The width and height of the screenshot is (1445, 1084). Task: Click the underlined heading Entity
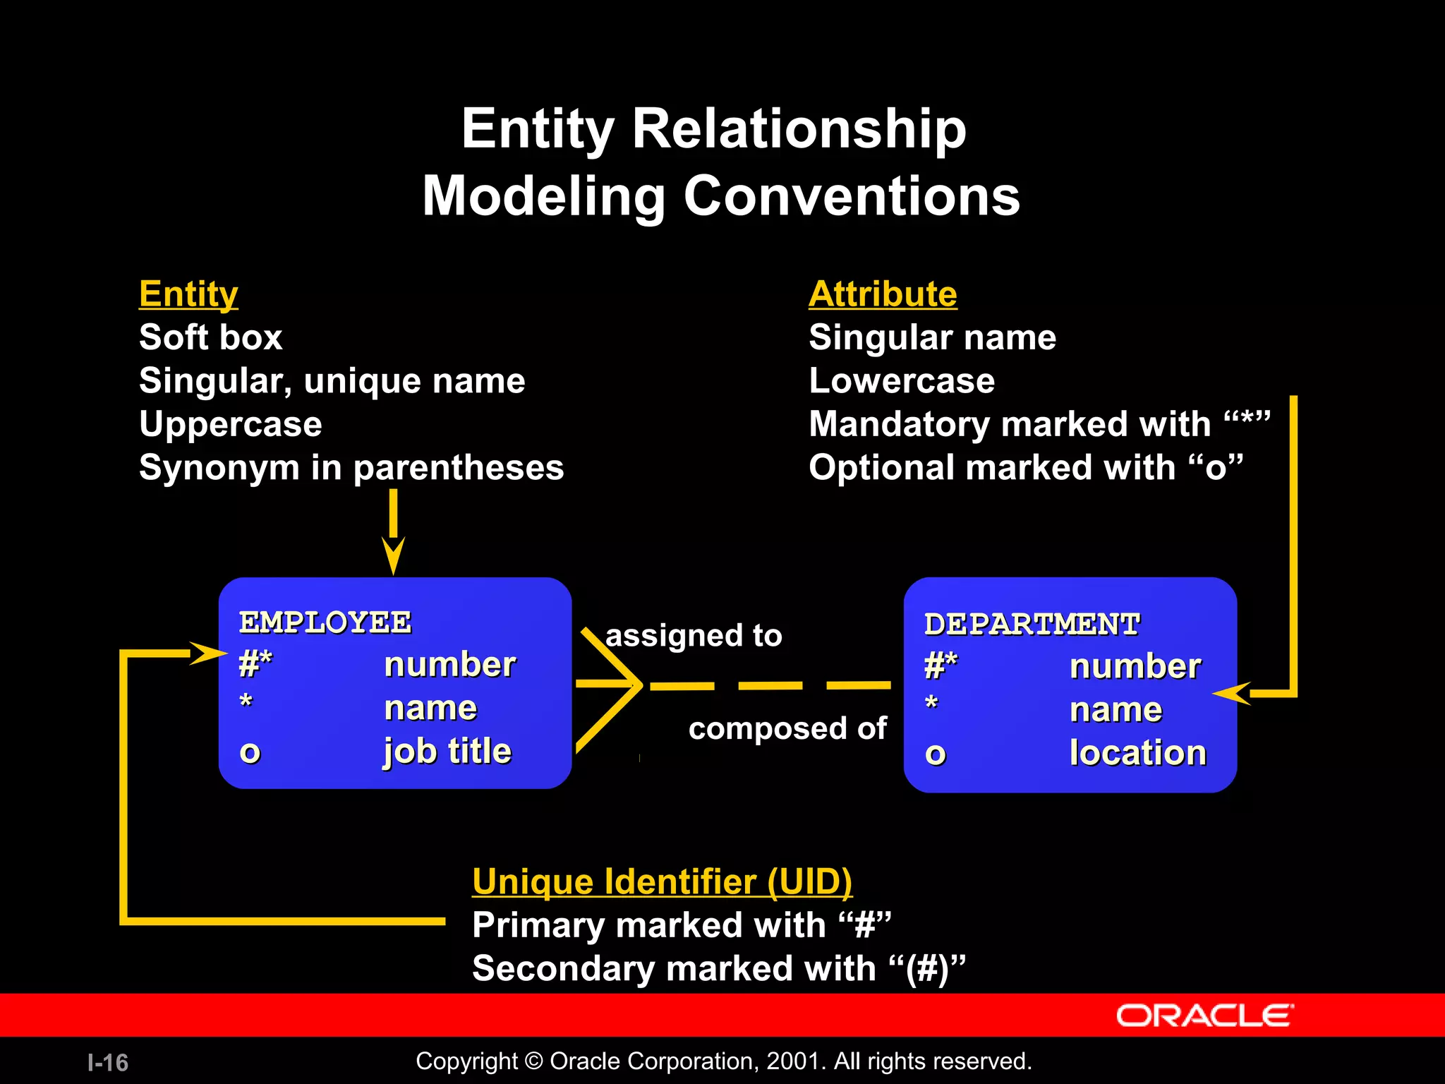coord(188,294)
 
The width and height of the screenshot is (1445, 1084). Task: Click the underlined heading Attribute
coord(883,294)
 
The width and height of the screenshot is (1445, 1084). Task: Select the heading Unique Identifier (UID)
coord(662,881)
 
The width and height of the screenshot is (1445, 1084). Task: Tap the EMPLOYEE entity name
coord(325,622)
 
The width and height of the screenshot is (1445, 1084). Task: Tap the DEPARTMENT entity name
coord(1032,624)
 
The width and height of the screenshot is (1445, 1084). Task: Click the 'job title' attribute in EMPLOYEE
coord(447,751)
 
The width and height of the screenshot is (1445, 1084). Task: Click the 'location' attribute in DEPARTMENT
coord(1137,752)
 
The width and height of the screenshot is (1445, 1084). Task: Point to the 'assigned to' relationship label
coord(694,636)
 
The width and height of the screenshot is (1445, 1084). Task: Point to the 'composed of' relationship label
coord(787,728)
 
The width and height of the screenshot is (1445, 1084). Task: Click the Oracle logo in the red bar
coord(1204,1016)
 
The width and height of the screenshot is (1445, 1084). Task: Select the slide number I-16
coord(108,1062)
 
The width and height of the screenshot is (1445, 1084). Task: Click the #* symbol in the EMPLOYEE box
coord(255,663)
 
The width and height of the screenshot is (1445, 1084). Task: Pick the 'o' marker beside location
coord(935,754)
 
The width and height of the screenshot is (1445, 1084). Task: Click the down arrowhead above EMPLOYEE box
coord(393,556)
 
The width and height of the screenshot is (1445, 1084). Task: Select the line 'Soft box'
coord(210,337)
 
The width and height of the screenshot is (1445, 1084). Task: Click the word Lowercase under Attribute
coord(901,381)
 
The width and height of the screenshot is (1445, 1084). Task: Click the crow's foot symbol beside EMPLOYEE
coord(611,685)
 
